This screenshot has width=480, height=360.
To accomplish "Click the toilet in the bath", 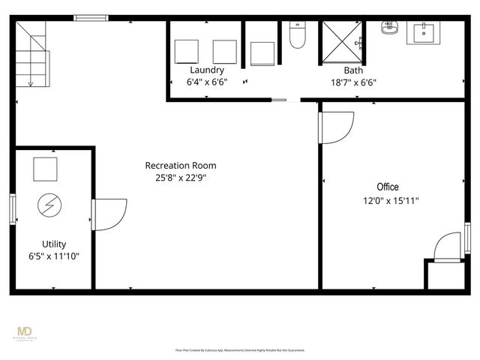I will tap(297, 36).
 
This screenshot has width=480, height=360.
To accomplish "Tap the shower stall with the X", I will tap(342, 44).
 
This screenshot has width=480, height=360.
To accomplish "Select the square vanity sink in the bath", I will tap(424, 32).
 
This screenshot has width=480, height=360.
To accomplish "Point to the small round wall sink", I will tap(388, 29).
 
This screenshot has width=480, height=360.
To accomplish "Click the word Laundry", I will tap(207, 70).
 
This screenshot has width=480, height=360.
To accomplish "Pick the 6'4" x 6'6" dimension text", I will tap(207, 82).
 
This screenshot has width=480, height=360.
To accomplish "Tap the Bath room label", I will tap(353, 70).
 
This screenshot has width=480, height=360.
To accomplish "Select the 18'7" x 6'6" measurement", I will tap(353, 82).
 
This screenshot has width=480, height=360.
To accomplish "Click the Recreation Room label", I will tap(181, 165).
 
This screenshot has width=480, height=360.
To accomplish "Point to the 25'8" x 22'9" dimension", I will tap(181, 178).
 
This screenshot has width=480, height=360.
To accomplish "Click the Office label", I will tap(388, 187).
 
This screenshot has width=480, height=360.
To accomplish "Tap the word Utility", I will tap(54, 244).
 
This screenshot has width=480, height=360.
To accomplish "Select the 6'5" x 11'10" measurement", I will tap(54, 256).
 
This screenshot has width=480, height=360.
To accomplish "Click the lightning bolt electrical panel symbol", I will tap(50, 204).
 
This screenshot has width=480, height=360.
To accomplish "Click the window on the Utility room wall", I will tap(12, 208).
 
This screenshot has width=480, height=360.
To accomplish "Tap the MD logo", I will tap(24, 332).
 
